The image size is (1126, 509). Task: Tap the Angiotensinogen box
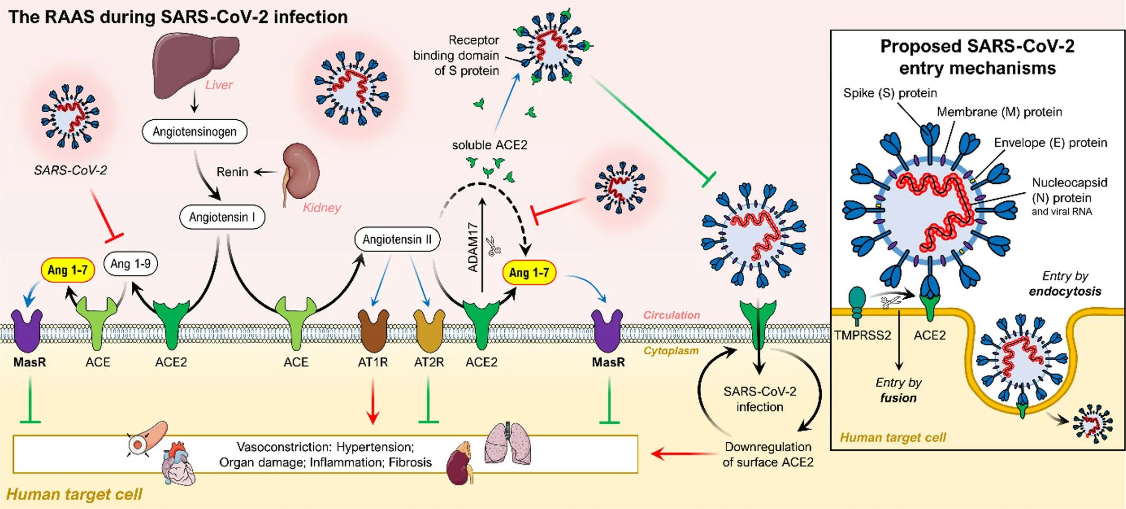[x=195, y=131]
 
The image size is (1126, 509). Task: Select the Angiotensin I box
[x=222, y=217]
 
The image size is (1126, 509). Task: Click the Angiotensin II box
[x=397, y=239]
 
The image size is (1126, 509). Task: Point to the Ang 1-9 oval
[x=131, y=264]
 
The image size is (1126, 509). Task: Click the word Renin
[x=232, y=172]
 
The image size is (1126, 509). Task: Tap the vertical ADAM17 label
[x=473, y=247]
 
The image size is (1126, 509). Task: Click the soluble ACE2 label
[x=489, y=145]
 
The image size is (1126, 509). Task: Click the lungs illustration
[x=508, y=443]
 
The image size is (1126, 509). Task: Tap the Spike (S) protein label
[x=890, y=93]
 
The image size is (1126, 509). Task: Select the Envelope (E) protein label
[x=1050, y=143]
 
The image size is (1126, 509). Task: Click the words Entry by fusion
[x=898, y=390]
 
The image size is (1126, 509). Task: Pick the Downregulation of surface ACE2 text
[x=768, y=454]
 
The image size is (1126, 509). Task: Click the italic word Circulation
[x=671, y=315]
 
